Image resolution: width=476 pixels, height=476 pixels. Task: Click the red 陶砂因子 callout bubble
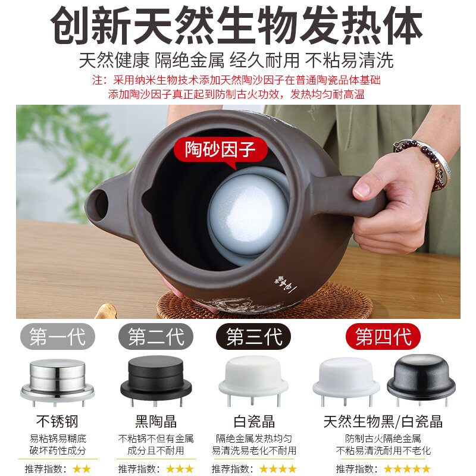tap(220, 151)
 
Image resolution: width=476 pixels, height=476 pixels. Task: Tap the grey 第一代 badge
tap(58, 337)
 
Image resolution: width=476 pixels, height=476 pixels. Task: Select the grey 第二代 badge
tap(156, 337)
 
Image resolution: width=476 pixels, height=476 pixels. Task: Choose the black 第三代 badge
tap(253, 337)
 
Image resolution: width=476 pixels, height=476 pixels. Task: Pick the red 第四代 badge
tap(383, 337)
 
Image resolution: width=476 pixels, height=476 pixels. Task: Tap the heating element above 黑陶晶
tap(156, 380)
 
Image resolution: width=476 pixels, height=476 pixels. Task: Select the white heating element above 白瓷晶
tap(253, 380)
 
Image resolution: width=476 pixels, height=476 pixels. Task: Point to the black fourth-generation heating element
tap(421, 379)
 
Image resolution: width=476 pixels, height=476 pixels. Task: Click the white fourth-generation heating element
tap(346, 380)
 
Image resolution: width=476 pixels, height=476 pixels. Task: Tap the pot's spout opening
tap(100, 204)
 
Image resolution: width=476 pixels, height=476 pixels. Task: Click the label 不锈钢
tap(57, 421)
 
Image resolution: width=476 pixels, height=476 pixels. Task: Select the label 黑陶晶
tap(156, 421)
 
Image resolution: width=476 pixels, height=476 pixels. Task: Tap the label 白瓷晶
tap(254, 421)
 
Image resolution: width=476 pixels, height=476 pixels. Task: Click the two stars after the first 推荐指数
tap(82, 469)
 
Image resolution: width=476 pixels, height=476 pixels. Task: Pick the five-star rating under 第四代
tap(407, 469)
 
